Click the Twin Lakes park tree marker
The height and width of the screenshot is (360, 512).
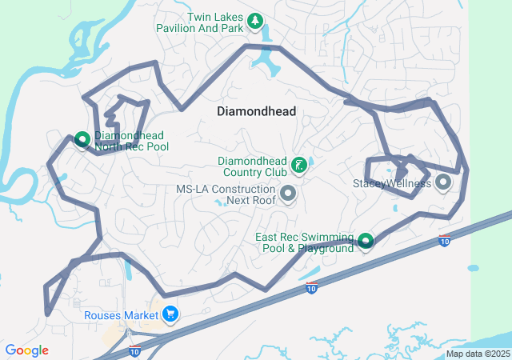coord(254,21)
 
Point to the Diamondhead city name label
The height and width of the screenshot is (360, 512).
coord(256,112)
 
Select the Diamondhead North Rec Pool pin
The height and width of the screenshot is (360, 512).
coord(82,140)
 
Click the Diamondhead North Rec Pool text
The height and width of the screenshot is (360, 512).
coord(131,141)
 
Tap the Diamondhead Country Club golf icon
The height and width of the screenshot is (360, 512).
coord(298,166)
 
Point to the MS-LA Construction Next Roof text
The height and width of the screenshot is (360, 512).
coord(226,194)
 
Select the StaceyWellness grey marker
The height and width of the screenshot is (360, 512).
coord(443,183)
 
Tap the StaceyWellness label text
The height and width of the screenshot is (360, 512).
coord(392,183)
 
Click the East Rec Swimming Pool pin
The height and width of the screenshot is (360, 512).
coord(366,240)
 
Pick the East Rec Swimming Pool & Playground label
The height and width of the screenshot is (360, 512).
coord(304,242)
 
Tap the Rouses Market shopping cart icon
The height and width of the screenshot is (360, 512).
coord(169,314)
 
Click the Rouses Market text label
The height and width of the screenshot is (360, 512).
coord(121,315)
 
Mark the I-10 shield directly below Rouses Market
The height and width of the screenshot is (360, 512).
coord(134,350)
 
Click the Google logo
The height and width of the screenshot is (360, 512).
coord(26,350)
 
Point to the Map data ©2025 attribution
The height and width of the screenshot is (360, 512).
coord(478,354)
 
